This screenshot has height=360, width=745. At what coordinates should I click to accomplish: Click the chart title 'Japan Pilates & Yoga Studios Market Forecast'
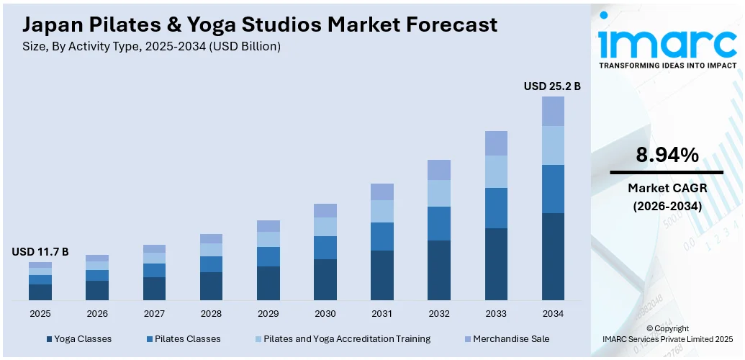click(x=260, y=24)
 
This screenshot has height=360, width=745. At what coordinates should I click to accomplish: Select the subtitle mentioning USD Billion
click(x=152, y=46)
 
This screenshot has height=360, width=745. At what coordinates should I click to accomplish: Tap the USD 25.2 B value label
click(x=552, y=86)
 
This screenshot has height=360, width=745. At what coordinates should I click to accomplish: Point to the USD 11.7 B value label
click(x=40, y=251)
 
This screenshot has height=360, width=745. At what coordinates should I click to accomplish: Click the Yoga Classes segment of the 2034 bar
click(x=553, y=256)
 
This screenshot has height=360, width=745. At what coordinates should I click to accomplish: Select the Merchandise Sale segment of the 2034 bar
click(x=553, y=111)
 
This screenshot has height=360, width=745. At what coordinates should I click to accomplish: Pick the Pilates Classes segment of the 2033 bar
click(x=496, y=208)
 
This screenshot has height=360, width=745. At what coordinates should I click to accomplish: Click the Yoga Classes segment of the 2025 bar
click(x=40, y=292)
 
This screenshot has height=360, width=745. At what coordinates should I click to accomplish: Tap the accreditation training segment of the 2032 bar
click(x=439, y=193)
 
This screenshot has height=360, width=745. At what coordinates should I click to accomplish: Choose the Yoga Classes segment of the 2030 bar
click(x=325, y=279)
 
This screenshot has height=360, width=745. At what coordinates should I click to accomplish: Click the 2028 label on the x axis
click(x=211, y=314)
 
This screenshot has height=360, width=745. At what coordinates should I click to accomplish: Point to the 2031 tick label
click(x=382, y=314)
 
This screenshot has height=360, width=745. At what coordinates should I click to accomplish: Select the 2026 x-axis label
click(x=97, y=314)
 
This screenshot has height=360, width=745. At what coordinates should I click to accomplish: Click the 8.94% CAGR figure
click(x=667, y=154)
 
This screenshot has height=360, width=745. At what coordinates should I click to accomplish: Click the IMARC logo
click(x=667, y=45)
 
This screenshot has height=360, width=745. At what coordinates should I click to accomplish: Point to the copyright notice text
click(x=667, y=333)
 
